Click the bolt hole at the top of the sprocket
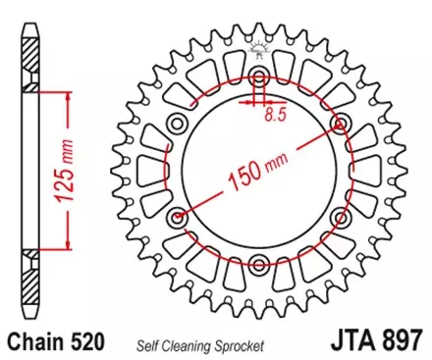coord(259,77)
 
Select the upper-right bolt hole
coord(341,123)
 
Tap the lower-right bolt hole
coord(341,216)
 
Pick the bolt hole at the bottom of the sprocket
coord(259,262)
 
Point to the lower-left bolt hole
coord(178,216)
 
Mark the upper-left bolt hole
coord(178,123)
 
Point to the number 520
coord(89,343)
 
